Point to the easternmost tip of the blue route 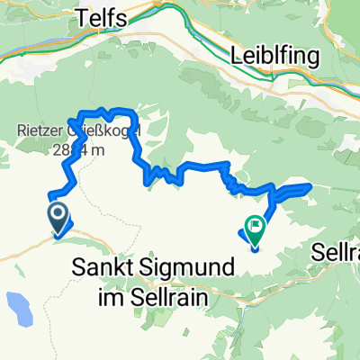coord(310,186)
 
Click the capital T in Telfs coord(85,16)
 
